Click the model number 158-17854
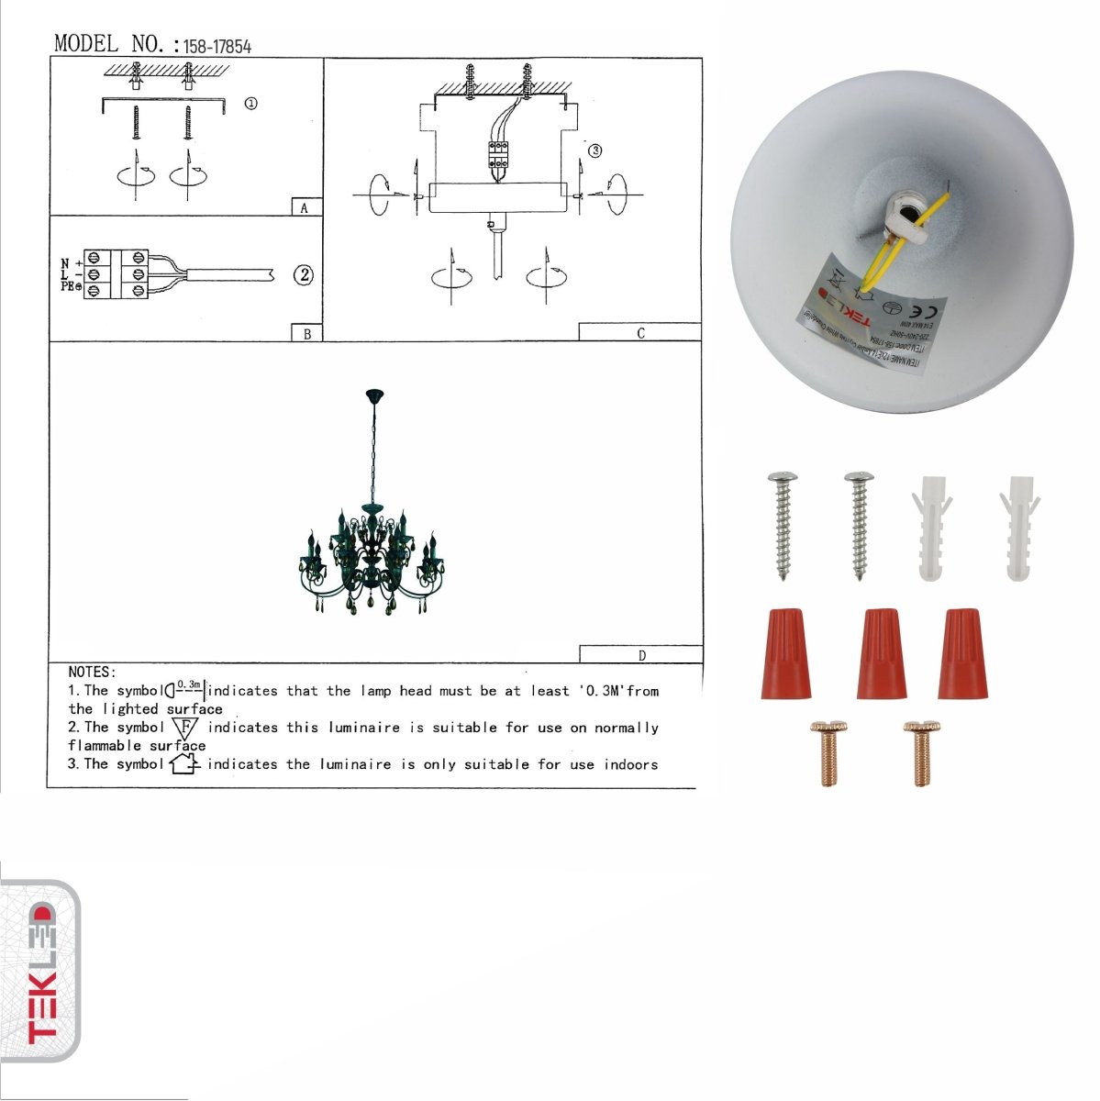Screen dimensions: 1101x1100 click(x=217, y=46)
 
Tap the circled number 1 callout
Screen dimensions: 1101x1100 click(x=250, y=104)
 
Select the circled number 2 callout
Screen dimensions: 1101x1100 click(x=304, y=274)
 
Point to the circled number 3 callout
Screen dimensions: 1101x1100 click(x=594, y=150)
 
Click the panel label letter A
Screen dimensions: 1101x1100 click(x=305, y=208)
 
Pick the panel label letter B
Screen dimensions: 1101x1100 click(x=306, y=334)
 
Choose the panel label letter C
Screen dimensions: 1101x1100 click(x=640, y=333)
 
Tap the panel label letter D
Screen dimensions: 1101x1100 click(x=641, y=655)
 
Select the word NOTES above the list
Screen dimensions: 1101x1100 click(x=92, y=673)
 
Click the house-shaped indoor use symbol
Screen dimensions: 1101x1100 click(x=184, y=763)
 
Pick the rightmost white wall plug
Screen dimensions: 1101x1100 click(x=1020, y=528)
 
